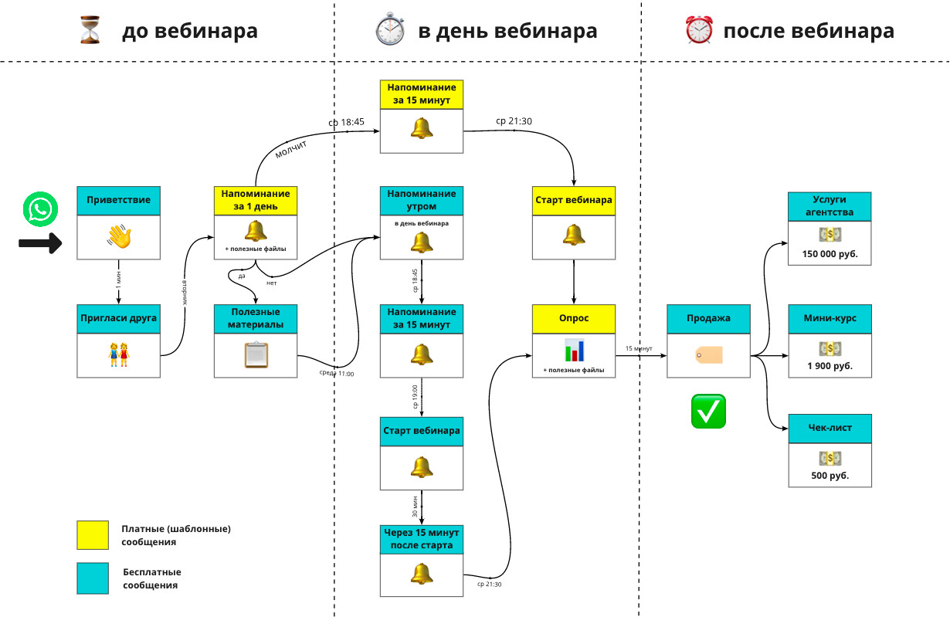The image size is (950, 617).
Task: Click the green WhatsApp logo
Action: click(x=40, y=210)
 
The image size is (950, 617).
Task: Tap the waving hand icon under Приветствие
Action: click(x=119, y=237)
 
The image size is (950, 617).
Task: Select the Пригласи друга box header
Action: click(x=119, y=318)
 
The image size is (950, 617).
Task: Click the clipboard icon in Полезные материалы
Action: click(x=256, y=354)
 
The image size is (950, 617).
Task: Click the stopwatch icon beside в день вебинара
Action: click(x=389, y=30)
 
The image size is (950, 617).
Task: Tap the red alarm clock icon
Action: click(x=698, y=30)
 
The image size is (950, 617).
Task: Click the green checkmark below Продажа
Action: click(x=708, y=411)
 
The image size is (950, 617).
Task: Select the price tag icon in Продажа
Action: click(x=708, y=354)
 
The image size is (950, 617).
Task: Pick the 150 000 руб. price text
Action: click(x=830, y=253)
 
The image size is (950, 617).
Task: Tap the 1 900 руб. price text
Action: click(x=830, y=365)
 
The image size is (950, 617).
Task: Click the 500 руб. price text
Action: click(x=830, y=476)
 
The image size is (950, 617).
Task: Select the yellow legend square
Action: click(x=93, y=534)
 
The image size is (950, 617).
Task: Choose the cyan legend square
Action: click(x=93, y=578)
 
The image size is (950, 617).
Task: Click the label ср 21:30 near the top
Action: click(x=514, y=121)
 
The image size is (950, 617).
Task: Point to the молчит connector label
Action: click(x=292, y=148)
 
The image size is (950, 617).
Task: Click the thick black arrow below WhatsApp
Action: click(x=40, y=244)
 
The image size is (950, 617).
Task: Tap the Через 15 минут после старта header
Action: click(x=422, y=539)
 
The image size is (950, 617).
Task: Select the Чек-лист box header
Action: click(x=830, y=429)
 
